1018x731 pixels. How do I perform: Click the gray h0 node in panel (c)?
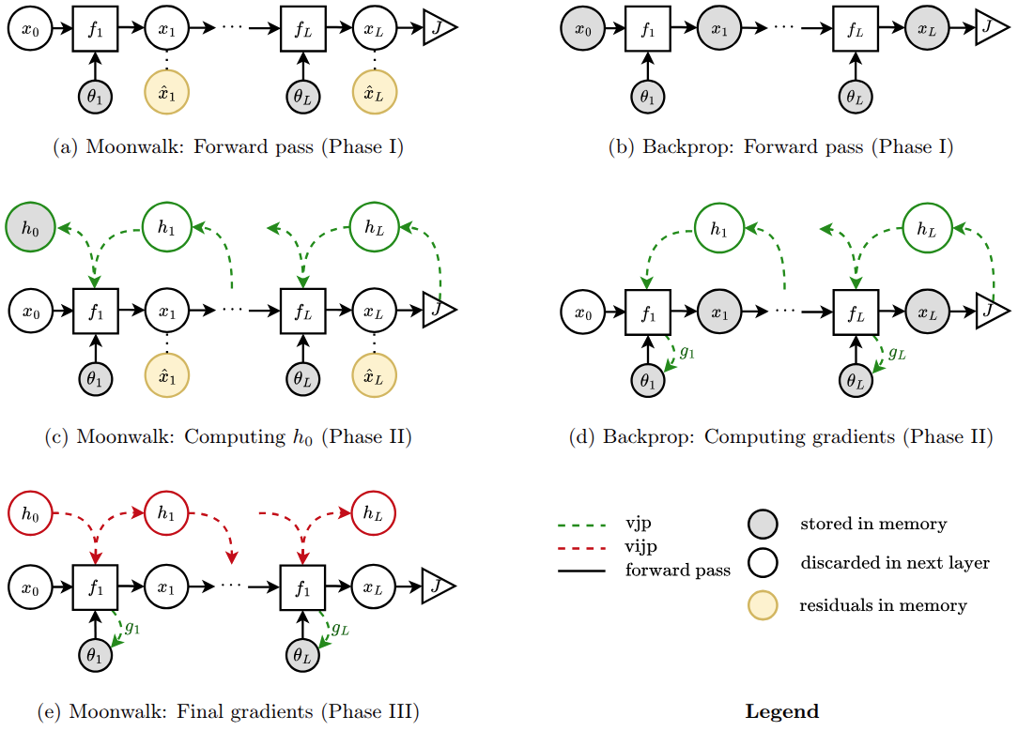coord(30,228)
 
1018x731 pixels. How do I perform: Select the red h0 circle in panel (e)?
coord(30,513)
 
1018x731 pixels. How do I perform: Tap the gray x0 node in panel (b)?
coord(583,29)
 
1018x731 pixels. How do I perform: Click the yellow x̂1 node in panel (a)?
coord(167,93)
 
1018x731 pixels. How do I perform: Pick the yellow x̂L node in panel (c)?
coord(375,376)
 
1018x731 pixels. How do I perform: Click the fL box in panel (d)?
coord(856,312)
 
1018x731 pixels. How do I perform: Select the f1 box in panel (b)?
coord(648,29)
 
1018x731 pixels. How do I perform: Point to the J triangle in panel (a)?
coord(440,28)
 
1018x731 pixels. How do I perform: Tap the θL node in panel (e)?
coord(302,655)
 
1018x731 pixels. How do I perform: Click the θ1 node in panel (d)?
coord(648,381)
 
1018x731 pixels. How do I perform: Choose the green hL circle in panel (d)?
coord(927,228)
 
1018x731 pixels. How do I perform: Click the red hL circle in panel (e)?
coord(373,513)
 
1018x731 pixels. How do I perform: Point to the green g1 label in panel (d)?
coord(686,353)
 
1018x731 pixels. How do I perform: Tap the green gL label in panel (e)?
coord(340,629)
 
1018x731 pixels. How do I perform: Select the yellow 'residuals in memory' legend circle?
coord(763,605)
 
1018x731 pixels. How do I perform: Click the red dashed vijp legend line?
coord(581,548)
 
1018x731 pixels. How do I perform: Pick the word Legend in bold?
coord(781,711)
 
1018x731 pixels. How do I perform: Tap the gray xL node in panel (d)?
coord(927,312)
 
